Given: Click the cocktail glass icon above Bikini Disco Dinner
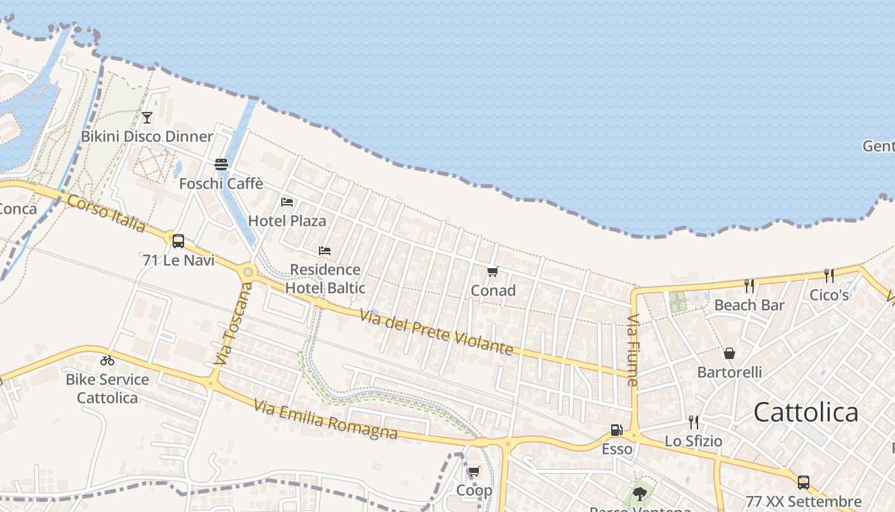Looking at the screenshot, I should (x=147, y=117).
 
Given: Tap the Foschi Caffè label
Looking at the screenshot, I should (x=221, y=184).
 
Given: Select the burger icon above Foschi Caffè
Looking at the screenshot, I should (x=221, y=164).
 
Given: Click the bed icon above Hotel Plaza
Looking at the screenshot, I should (x=287, y=202).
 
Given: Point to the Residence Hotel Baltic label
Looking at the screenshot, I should (x=325, y=278).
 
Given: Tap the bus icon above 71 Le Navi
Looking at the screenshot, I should (x=178, y=241).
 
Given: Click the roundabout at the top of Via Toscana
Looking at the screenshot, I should (x=248, y=272).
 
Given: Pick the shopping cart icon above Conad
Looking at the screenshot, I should (x=492, y=272).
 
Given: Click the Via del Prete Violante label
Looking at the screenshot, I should (x=437, y=332).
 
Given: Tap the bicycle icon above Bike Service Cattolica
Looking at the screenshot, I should (x=107, y=360).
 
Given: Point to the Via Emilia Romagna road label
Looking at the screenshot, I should (x=325, y=419).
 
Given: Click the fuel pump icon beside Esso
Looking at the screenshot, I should (x=617, y=430).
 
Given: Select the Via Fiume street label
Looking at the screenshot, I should (x=633, y=349).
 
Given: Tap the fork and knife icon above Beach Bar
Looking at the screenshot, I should (x=749, y=285).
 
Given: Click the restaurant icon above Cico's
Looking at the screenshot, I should (x=829, y=276).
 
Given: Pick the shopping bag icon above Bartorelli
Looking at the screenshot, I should (x=729, y=353).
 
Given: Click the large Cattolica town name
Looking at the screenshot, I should (x=805, y=412).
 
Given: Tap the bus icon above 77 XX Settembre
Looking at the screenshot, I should (x=804, y=483).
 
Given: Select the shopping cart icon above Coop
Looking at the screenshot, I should (x=474, y=472).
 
